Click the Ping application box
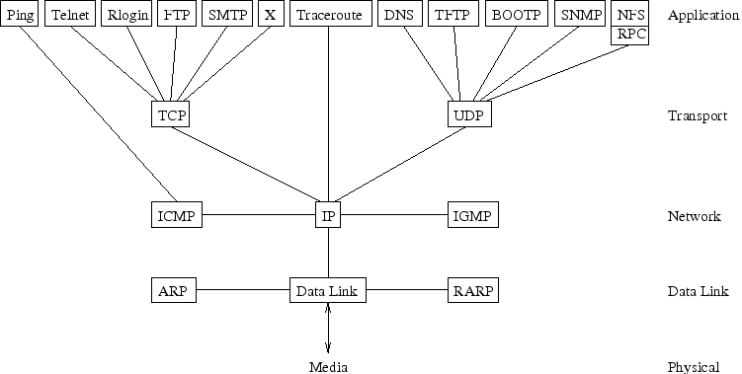[x=19, y=15]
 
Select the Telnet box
[x=69, y=15]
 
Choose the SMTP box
[x=226, y=15]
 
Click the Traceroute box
[x=327, y=15]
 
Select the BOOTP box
[x=515, y=15]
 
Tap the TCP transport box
[x=171, y=114]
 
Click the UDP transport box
[x=468, y=114]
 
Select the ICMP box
[x=176, y=214]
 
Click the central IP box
[x=328, y=214]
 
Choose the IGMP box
[x=471, y=214]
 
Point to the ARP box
[x=175, y=290]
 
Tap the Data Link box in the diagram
[x=328, y=290]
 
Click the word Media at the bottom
[x=328, y=366]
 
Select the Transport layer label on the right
[x=697, y=115]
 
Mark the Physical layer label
[x=694, y=367]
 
